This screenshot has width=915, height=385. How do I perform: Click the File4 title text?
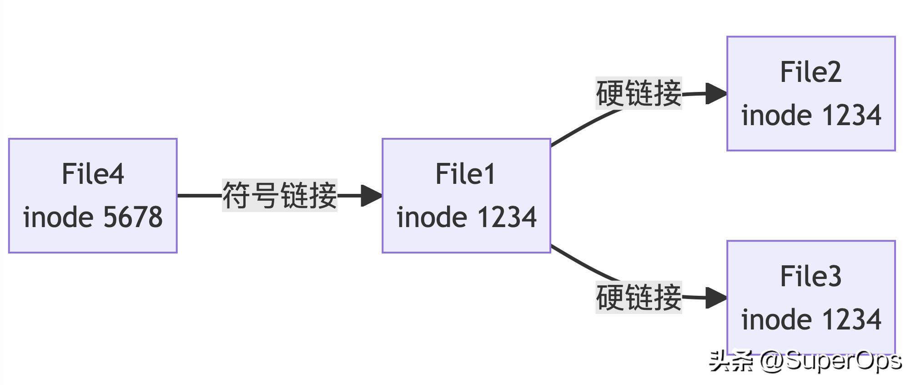tap(93, 174)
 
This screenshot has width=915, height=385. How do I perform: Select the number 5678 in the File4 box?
tap(133, 217)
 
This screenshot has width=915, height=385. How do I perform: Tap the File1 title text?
tap(465, 174)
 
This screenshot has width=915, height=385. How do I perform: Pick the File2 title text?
tap(811, 72)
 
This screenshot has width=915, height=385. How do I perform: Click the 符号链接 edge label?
tap(279, 195)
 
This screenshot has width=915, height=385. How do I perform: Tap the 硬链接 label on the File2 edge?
tap(638, 93)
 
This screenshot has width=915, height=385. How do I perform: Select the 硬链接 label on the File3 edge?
tap(638, 297)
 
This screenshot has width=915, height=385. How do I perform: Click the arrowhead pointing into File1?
tap(372, 196)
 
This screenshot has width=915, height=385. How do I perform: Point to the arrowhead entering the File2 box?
tap(716, 94)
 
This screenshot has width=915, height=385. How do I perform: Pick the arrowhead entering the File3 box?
tap(716, 298)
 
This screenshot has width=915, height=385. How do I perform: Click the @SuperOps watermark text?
tap(830, 361)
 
